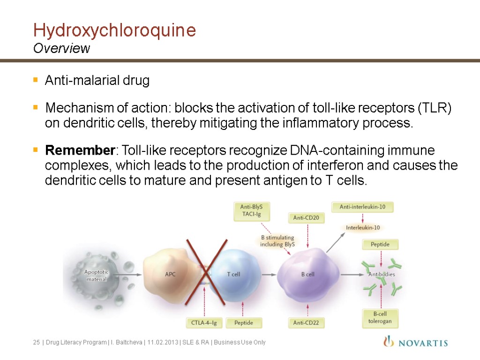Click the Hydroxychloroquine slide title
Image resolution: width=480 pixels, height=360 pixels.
[114, 30]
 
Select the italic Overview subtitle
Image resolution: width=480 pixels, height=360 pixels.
[61, 48]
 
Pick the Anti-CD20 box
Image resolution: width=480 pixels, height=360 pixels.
[306, 217]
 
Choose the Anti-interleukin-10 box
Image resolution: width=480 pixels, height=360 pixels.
[362, 207]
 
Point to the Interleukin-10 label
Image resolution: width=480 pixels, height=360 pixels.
[363, 228]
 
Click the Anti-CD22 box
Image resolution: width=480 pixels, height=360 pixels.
[306, 322]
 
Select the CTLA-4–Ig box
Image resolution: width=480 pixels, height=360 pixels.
[204, 322]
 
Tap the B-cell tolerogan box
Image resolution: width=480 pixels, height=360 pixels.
[380, 317]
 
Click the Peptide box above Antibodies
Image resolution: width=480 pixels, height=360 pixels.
[380, 245]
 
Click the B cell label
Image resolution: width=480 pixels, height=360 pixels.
[307, 274]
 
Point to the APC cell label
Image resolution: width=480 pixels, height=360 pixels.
[170, 274]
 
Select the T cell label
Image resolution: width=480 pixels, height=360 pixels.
[233, 274]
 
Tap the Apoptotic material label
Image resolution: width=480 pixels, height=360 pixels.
[96, 275]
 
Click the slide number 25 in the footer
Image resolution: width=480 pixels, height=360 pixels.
[36, 343]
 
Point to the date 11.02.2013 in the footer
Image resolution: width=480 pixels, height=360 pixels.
[162, 343]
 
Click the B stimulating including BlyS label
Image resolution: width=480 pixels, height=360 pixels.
[277, 240]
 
